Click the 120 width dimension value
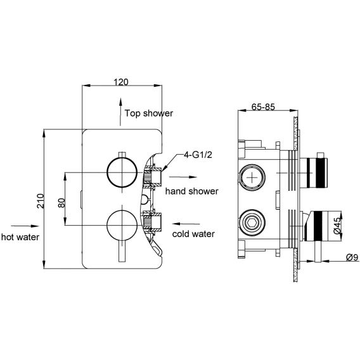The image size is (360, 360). [121, 82]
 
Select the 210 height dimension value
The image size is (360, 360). [41, 201]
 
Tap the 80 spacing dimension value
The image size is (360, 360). [61, 203]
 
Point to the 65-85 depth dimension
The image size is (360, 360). [263, 106]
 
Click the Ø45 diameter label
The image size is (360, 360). [337, 226]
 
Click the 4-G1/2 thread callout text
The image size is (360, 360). [198, 155]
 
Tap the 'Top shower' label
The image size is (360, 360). [149, 113]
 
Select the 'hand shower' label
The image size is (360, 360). [191, 191]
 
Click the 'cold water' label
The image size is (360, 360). [193, 234]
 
